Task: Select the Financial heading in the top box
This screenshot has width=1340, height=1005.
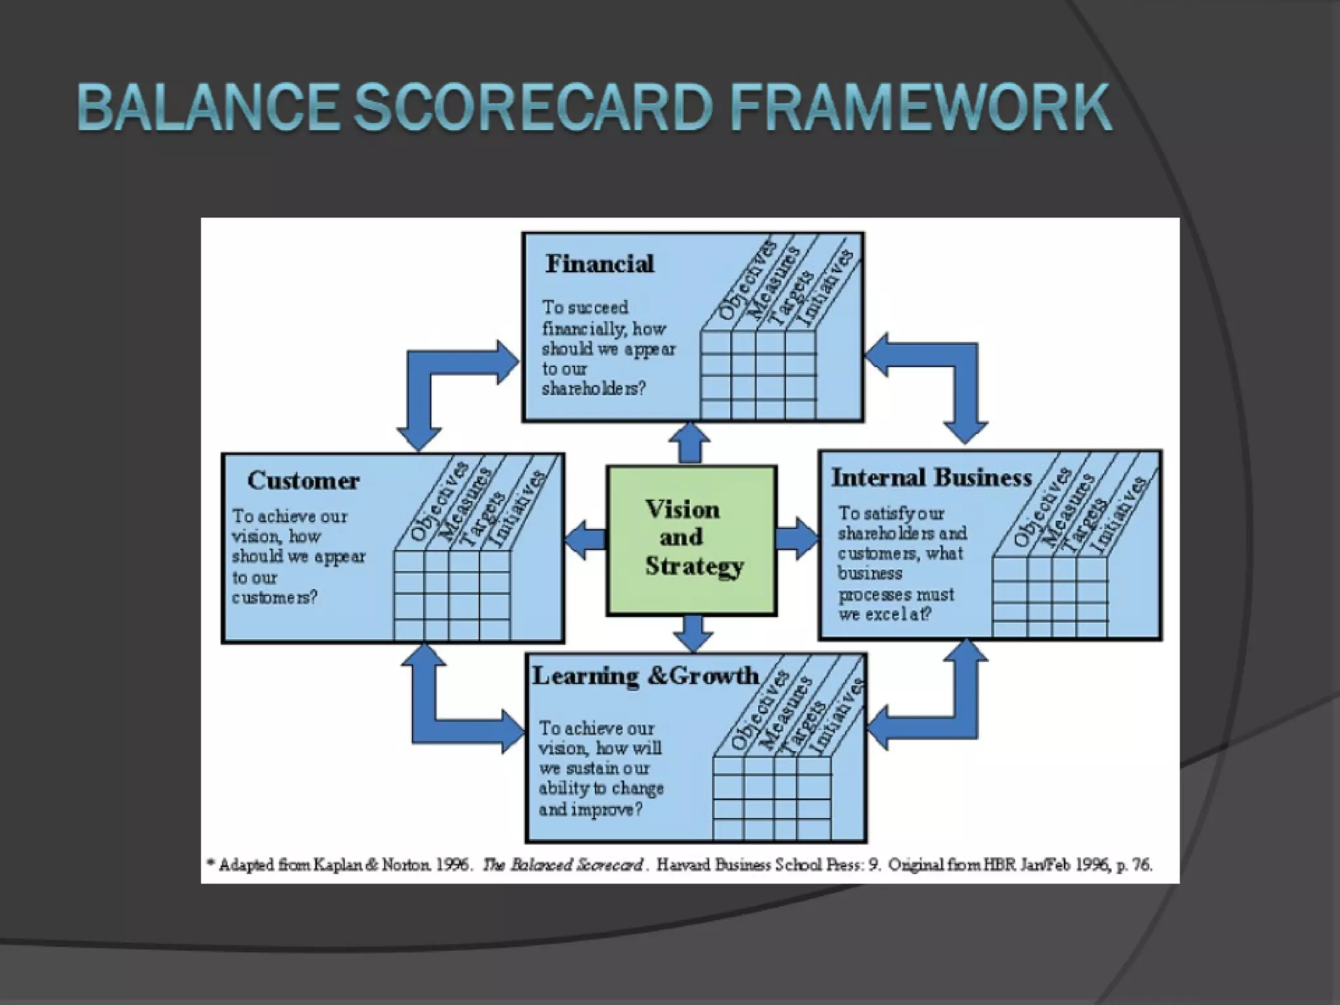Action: pyautogui.click(x=599, y=264)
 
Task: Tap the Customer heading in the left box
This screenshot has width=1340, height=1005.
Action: pyautogui.click(x=303, y=481)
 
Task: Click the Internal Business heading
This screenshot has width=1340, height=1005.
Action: pyautogui.click(x=931, y=478)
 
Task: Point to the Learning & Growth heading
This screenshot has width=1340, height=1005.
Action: pyautogui.click(x=645, y=676)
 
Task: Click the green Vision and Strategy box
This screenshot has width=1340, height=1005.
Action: pyautogui.click(x=692, y=540)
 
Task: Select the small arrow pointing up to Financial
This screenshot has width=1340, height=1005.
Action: pyautogui.click(x=690, y=443)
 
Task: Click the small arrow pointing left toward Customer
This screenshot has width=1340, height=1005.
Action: pyautogui.click(x=586, y=540)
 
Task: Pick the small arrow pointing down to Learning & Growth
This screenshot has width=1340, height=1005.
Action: pyautogui.click(x=693, y=633)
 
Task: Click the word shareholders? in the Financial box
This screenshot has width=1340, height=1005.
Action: pyautogui.click(x=593, y=389)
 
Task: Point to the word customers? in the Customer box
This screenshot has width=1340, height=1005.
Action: pyautogui.click(x=274, y=597)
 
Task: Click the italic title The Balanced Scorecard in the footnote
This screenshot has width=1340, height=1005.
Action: pyautogui.click(x=563, y=865)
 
